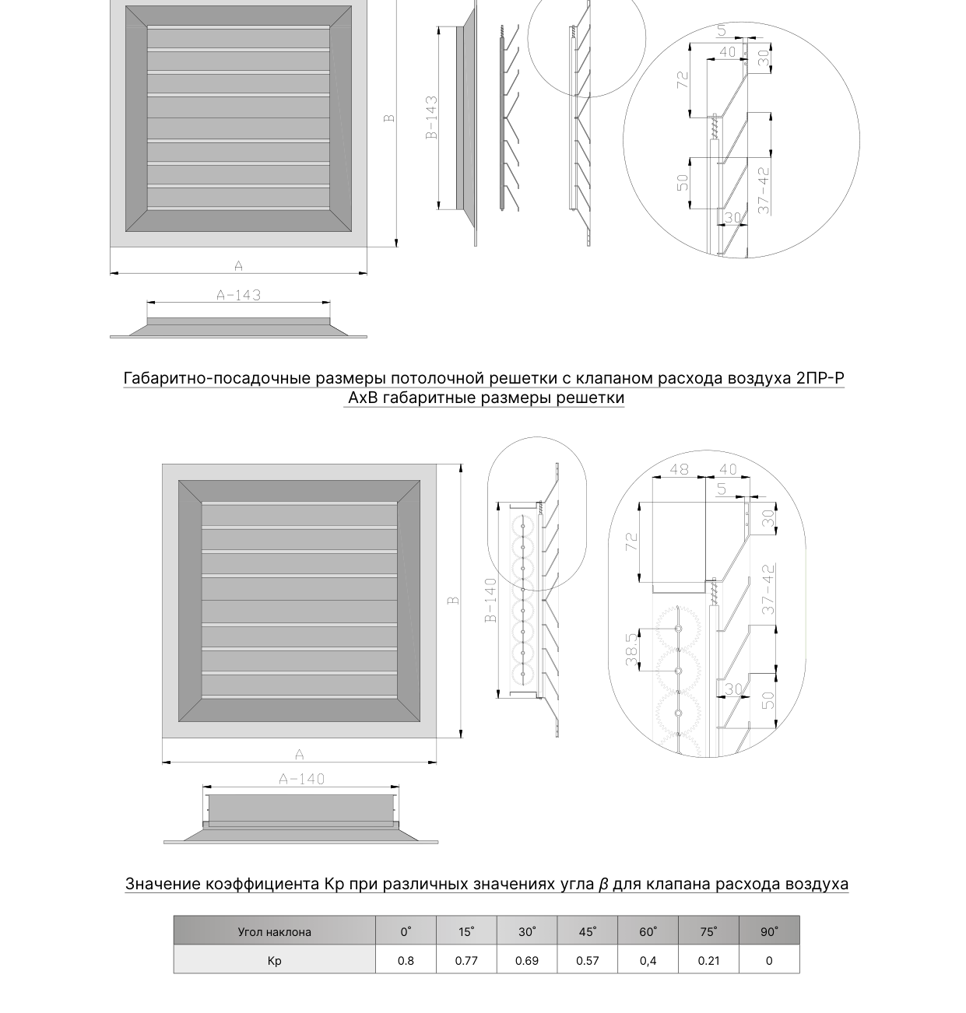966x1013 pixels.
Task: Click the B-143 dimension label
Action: point(432,117)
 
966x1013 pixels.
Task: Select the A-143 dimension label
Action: point(238,295)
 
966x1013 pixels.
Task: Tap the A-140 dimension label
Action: point(301,779)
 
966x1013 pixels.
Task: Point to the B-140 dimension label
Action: point(490,601)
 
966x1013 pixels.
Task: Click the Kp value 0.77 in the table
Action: point(466,961)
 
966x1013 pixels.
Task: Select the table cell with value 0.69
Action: point(527,961)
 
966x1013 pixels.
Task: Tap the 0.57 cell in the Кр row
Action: point(587,961)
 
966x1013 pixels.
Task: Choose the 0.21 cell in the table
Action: point(708,961)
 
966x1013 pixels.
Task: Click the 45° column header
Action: point(587,931)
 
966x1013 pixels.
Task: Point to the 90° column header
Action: point(769,931)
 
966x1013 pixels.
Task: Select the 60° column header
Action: point(648,931)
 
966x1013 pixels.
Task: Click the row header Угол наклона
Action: point(274,932)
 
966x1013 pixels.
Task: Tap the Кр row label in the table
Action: point(274,961)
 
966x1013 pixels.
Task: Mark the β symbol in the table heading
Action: point(603,884)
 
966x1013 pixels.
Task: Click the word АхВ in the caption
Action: point(364,398)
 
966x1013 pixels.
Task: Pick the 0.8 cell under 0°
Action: point(406,961)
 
